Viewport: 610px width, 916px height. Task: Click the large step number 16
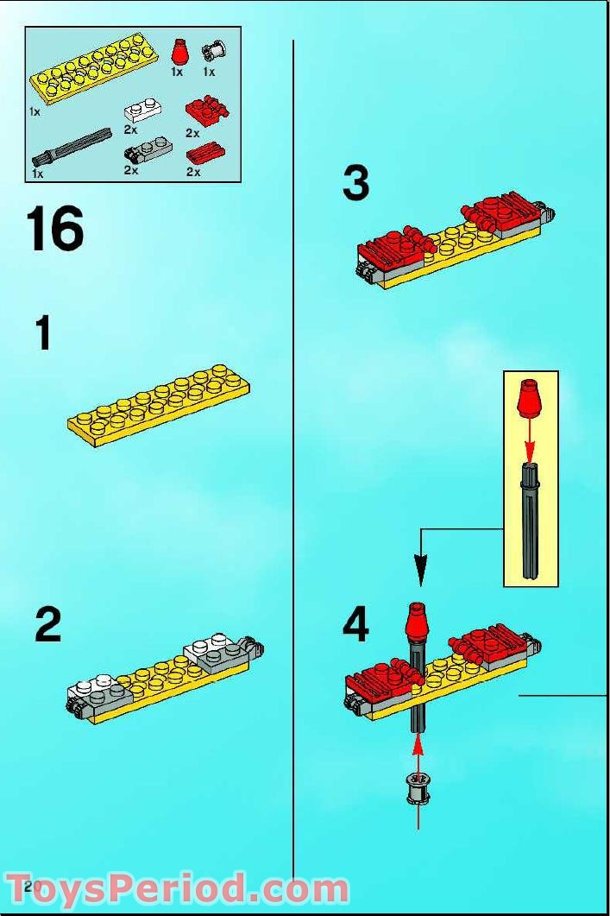tap(56, 230)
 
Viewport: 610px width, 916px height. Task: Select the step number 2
tap(48, 624)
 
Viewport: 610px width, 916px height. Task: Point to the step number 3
tap(355, 184)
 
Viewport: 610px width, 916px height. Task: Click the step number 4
tap(355, 624)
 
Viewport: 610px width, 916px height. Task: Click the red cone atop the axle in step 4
tap(418, 622)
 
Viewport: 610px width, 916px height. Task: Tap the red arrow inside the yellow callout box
tap(530, 439)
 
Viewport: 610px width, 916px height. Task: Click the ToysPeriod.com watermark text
tap(179, 888)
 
